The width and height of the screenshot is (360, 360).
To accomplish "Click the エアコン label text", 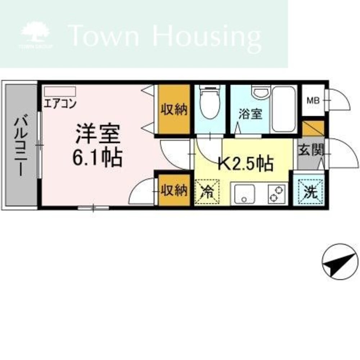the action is point(60,104).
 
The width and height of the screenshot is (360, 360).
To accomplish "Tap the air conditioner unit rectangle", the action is point(60,91).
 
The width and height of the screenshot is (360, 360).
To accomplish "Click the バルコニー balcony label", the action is point(21,146).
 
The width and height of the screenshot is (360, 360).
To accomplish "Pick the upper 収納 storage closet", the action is point(174,109).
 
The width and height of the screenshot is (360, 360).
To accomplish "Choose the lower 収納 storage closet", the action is point(174,190).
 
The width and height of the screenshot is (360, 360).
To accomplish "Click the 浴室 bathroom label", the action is point(250,114).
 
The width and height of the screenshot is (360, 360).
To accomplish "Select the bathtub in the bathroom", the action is point(283,109).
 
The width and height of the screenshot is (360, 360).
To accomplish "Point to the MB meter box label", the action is point(313,100).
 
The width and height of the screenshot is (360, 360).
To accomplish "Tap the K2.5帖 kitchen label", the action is point(246,164).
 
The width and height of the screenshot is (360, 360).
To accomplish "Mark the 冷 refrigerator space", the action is point(207,192).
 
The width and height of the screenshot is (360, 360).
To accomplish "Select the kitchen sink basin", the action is point(244,194).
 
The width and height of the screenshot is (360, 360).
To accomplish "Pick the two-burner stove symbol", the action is point(277,194).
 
